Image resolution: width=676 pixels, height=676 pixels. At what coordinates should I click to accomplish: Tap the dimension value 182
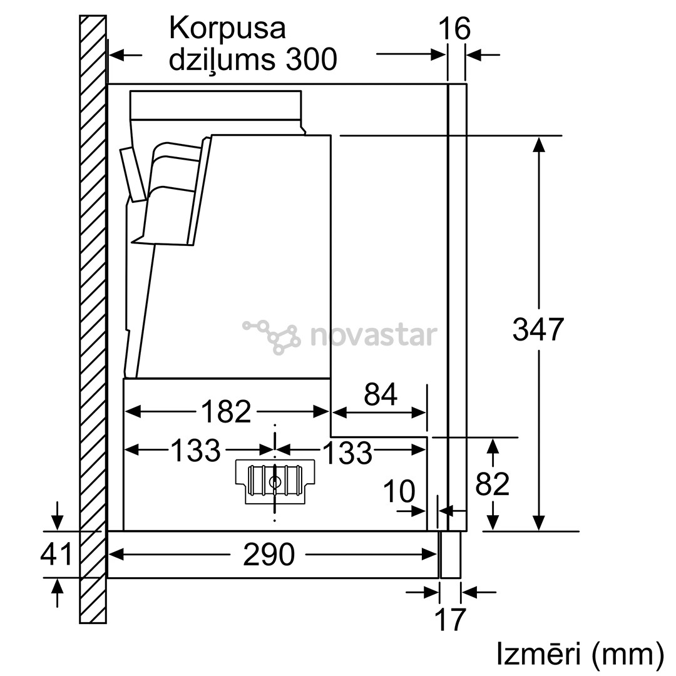pos(226,411)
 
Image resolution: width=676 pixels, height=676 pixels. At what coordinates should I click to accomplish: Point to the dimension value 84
pos(381,394)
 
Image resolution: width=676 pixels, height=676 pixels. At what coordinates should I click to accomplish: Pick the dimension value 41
pos(56,554)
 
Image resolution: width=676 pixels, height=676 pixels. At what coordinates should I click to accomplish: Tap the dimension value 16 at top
pos(454,29)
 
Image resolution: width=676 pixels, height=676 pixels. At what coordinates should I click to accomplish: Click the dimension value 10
pos(399,492)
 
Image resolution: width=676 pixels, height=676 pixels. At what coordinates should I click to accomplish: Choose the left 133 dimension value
pos(196,450)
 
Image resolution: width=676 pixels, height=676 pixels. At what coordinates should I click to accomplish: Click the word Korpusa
pos(227,29)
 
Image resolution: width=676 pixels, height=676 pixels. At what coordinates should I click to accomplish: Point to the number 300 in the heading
pos(311,60)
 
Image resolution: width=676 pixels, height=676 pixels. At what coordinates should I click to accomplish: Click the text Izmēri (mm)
pos(580,653)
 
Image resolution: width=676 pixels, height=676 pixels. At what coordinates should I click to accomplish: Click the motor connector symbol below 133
pos(274,481)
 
